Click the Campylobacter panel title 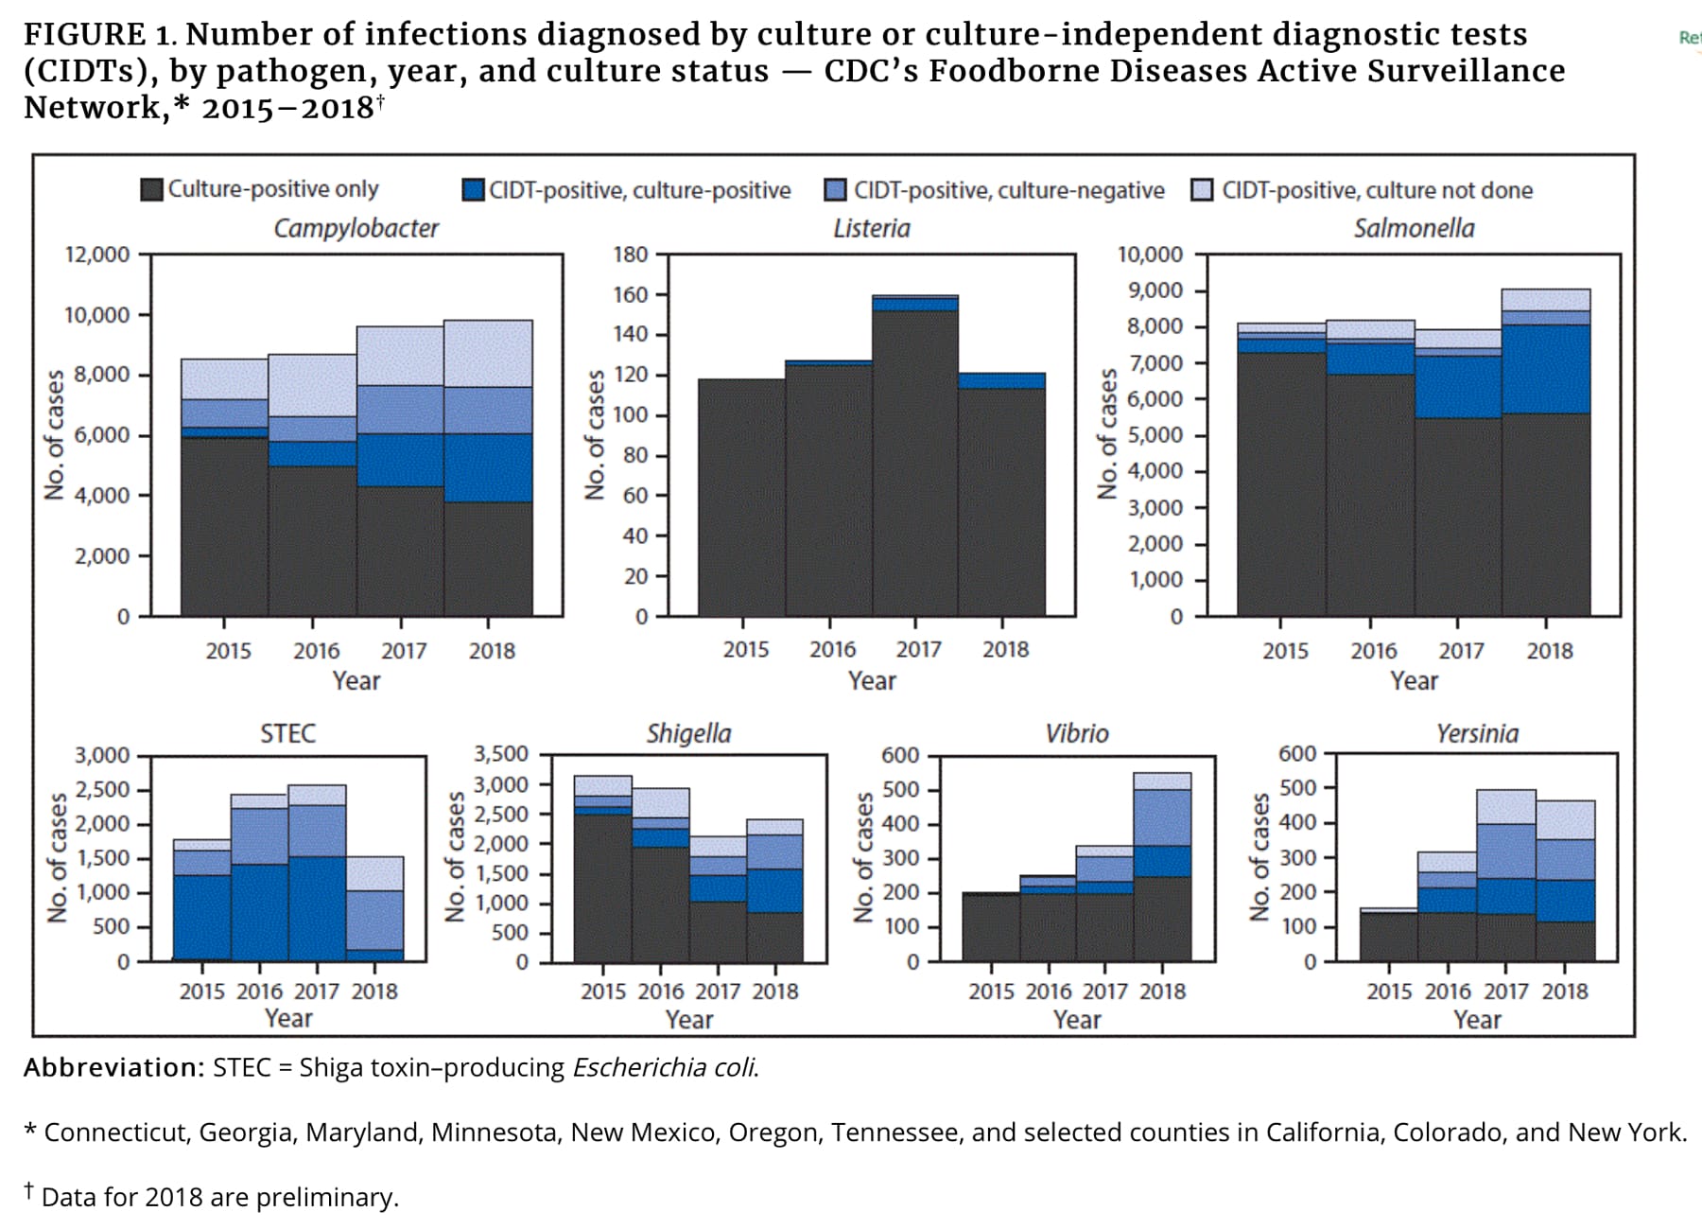coord(356,228)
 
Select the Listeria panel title coord(871,228)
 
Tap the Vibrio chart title coord(1076,733)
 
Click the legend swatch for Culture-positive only coord(151,189)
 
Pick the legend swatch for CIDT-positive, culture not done coord(1202,190)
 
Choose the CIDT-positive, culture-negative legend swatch coord(835,190)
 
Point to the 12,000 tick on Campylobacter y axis coord(96,255)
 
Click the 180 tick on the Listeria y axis coord(631,255)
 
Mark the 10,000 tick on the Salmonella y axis coord(1150,255)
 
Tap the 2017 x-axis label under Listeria coord(918,650)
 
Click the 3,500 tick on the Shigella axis coord(500,754)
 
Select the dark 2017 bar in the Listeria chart coord(914,464)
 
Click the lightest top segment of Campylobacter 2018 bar coord(488,353)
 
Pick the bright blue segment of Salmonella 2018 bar coord(1546,369)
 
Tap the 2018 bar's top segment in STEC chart coord(374,873)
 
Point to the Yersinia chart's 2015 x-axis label coord(1389,992)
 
